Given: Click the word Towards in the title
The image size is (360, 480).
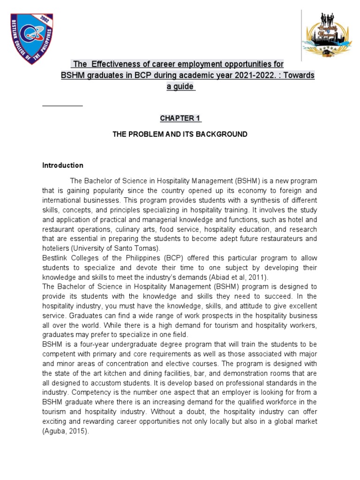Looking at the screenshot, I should [297, 75].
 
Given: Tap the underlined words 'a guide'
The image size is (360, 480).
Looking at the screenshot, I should [180, 87].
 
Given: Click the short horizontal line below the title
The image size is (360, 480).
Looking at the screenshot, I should [62, 105].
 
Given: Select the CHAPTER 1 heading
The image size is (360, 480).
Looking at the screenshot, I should [180, 118].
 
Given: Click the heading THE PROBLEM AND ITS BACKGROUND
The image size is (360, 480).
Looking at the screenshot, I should [180, 134].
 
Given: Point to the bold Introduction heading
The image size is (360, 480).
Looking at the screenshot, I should [63, 165].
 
